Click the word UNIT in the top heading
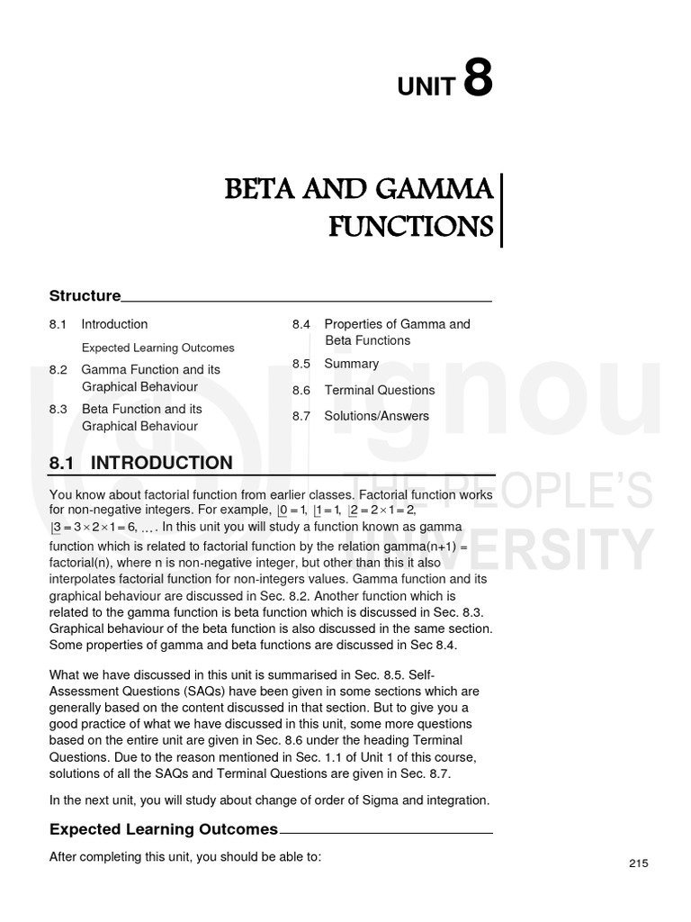click(426, 86)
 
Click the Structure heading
click(85, 295)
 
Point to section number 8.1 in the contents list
click(58, 324)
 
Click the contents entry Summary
click(351, 364)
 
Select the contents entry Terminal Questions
click(379, 390)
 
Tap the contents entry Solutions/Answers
click(376, 416)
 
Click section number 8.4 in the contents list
click(301, 324)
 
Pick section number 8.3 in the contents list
click(58, 409)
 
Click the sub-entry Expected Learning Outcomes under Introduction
click(157, 348)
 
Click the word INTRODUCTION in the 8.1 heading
click(162, 463)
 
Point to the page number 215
click(638, 863)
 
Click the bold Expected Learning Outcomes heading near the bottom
click(163, 829)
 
